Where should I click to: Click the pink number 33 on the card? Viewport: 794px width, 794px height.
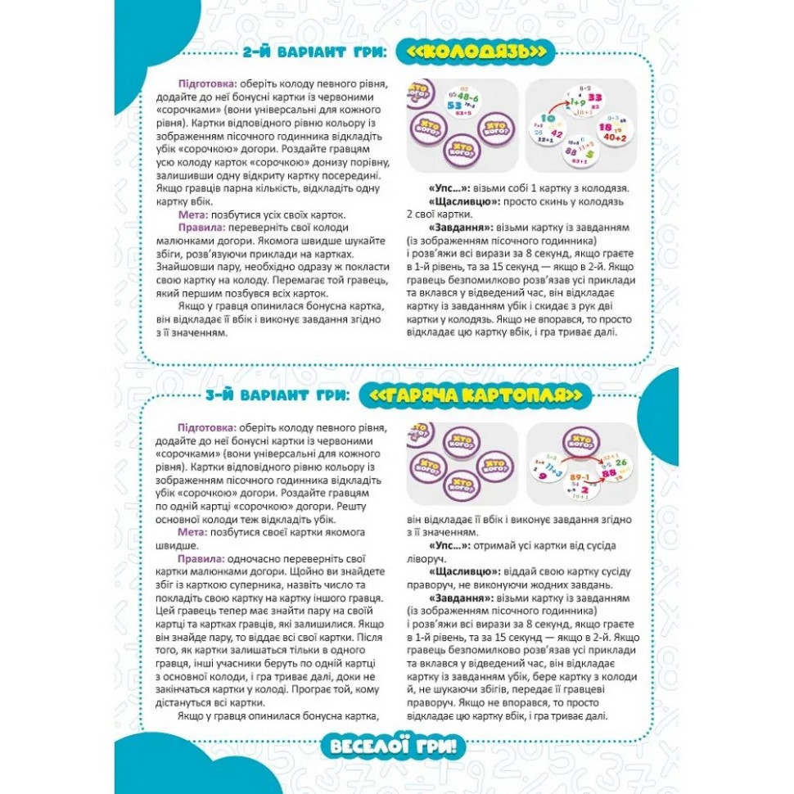click(595, 98)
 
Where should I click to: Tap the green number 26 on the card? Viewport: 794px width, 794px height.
click(620, 462)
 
